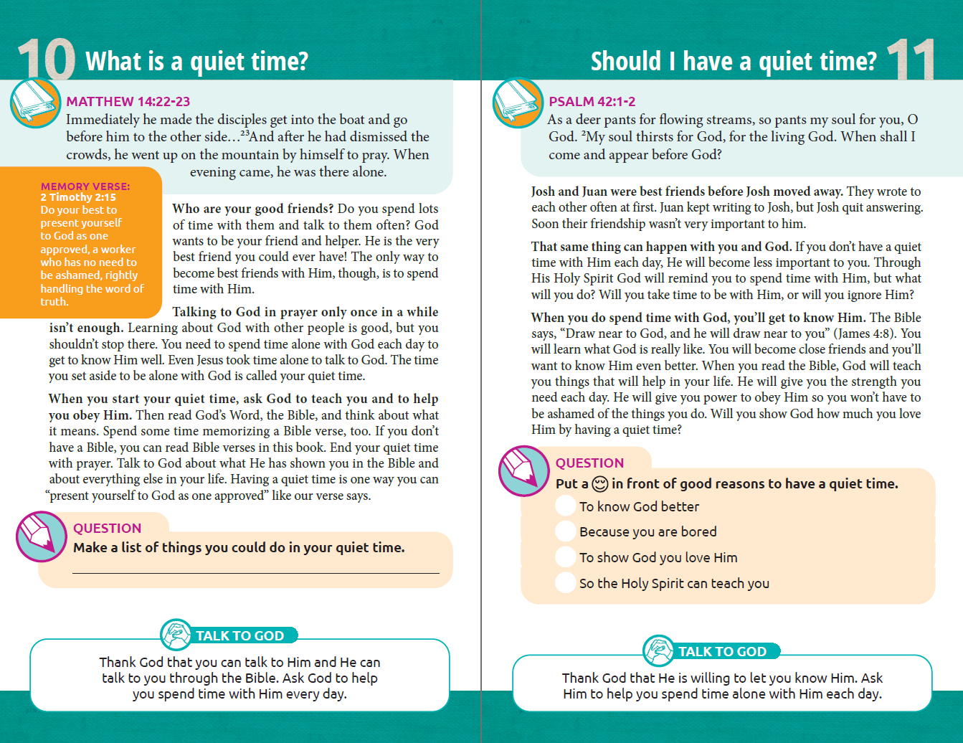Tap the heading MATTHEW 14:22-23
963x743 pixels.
128,102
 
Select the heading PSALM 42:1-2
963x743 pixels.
592,102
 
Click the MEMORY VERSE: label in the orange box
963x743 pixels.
85,186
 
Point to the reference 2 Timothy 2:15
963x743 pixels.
78,197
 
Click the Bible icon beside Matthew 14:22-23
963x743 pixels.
35,103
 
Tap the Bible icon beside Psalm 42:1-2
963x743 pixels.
518,103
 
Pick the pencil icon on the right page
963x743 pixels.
524,470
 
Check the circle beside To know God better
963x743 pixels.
566,506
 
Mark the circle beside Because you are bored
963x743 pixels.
566,531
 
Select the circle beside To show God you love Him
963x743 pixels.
566,557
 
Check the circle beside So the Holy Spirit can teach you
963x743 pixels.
566,583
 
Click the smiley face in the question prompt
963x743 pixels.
600,484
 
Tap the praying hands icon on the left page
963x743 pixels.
176,635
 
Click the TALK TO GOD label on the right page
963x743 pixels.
722,651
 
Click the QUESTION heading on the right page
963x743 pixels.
589,463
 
